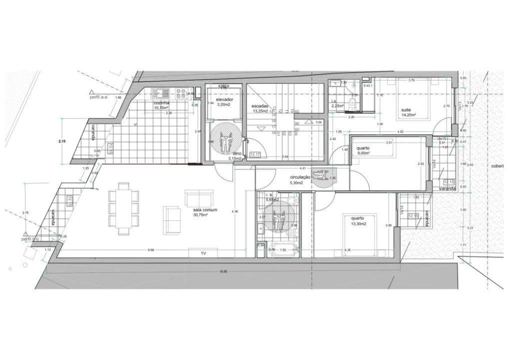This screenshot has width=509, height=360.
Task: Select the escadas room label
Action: (x=260, y=108)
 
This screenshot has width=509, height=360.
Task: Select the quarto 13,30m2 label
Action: (x=357, y=221)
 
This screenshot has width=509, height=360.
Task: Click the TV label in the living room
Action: (x=203, y=253)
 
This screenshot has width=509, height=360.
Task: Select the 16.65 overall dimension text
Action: (x=223, y=271)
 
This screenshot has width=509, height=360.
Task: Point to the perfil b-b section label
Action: (x=31, y=239)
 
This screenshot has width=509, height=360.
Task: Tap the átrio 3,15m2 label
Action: (x=235, y=156)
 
